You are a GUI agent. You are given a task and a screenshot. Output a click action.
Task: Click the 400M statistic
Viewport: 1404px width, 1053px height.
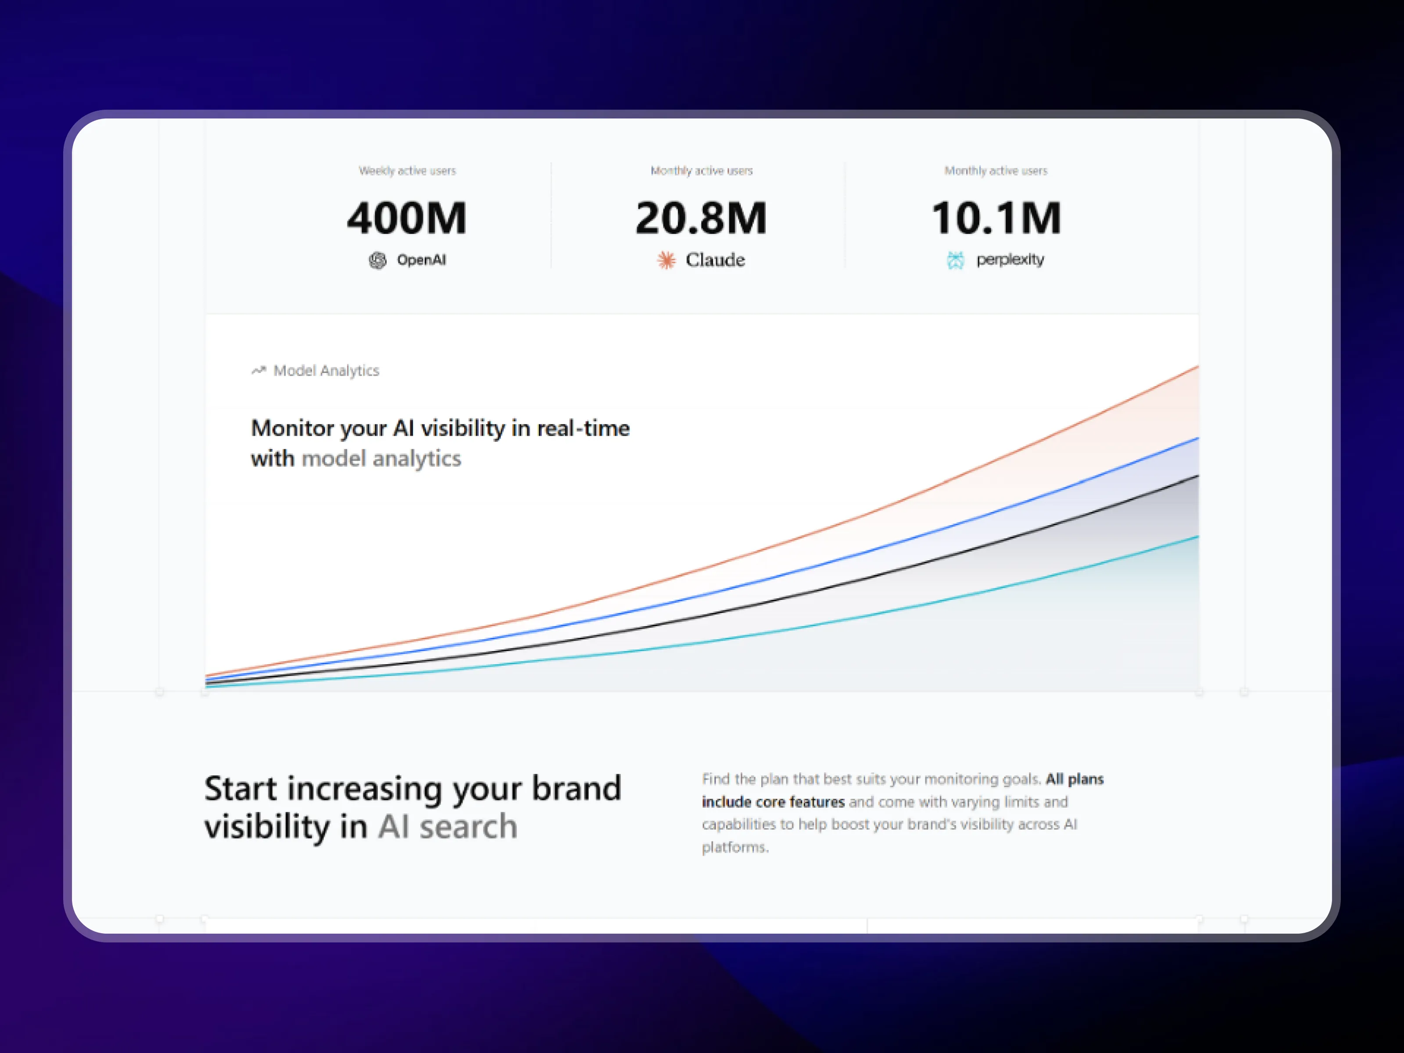407,218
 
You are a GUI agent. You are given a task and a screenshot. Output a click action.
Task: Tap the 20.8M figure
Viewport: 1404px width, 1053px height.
702,218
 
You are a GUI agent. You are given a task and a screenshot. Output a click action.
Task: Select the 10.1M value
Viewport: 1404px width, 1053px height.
996,218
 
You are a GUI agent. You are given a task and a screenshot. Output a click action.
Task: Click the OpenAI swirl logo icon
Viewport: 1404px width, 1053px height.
378,260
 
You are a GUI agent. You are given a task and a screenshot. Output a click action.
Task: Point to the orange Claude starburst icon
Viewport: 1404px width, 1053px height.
666,260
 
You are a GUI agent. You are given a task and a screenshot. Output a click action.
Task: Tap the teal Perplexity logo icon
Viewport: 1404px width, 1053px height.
955,260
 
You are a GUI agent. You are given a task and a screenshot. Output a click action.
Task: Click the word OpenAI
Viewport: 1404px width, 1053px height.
422,260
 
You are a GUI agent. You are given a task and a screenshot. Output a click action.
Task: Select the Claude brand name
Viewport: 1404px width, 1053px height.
715,260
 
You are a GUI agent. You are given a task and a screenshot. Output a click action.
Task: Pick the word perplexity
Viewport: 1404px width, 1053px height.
1010,260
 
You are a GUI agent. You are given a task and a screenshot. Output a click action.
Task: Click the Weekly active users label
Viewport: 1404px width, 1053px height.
408,171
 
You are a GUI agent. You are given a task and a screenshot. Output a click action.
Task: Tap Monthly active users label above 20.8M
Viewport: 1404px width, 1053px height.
702,171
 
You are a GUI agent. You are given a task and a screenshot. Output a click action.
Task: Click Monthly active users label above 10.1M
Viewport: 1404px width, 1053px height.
996,171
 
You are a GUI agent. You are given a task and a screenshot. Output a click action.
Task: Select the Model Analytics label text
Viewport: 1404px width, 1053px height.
326,371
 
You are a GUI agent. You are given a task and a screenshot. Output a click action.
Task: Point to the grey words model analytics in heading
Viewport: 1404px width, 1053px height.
381,458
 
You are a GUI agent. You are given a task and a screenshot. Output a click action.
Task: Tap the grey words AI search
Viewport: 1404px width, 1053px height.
448,827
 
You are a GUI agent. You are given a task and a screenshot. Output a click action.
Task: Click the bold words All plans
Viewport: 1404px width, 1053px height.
1074,779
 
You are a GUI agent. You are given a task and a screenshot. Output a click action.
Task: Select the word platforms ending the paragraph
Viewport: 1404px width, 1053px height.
735,847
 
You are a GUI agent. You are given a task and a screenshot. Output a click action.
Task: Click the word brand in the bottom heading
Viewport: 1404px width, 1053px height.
577,788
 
